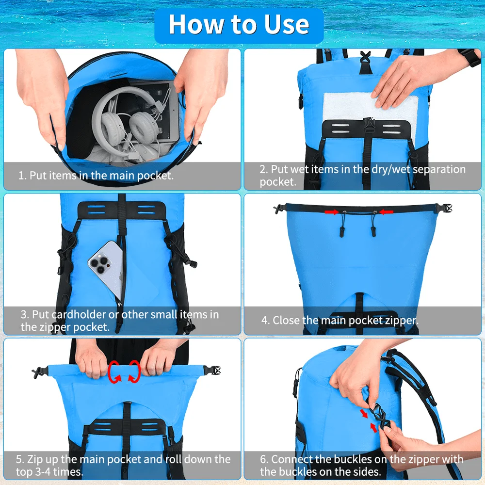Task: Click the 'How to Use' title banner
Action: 239,25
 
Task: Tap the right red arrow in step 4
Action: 386,211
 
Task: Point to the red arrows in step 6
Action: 367,420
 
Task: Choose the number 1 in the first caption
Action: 21,176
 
